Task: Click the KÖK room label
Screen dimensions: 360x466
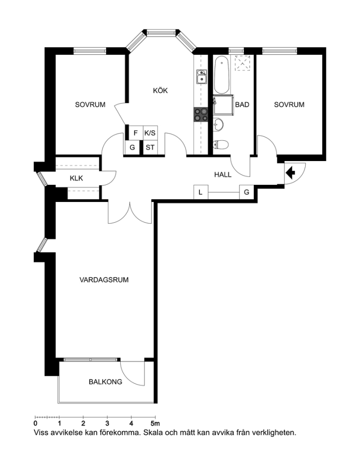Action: coord(160,90)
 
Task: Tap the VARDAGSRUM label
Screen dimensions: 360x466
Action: coord(104,280)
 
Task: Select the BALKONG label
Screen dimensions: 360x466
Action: coord(106,382)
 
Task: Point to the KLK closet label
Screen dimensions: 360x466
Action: coord(76,178)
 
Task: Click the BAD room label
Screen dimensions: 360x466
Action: coord(242,105)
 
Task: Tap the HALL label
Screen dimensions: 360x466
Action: coord(223,174)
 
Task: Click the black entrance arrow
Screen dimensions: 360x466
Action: coord(290,172)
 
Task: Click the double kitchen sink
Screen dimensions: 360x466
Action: coord(201,77)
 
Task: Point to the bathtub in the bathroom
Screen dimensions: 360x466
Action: coord(222,75)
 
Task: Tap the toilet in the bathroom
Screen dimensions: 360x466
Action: coord(221,145)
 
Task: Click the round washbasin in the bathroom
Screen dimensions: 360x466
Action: coord(219,124)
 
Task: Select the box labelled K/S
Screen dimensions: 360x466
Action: coord(150,133)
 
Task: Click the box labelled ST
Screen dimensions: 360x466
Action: coord(150,147)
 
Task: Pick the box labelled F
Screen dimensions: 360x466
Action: coord(136,133)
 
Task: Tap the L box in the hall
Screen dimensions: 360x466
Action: coord(200,192)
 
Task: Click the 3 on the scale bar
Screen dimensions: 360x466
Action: coord(107,423)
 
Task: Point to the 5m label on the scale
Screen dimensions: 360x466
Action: coord(155,423)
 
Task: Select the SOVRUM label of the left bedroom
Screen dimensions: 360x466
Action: coord(90,105)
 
